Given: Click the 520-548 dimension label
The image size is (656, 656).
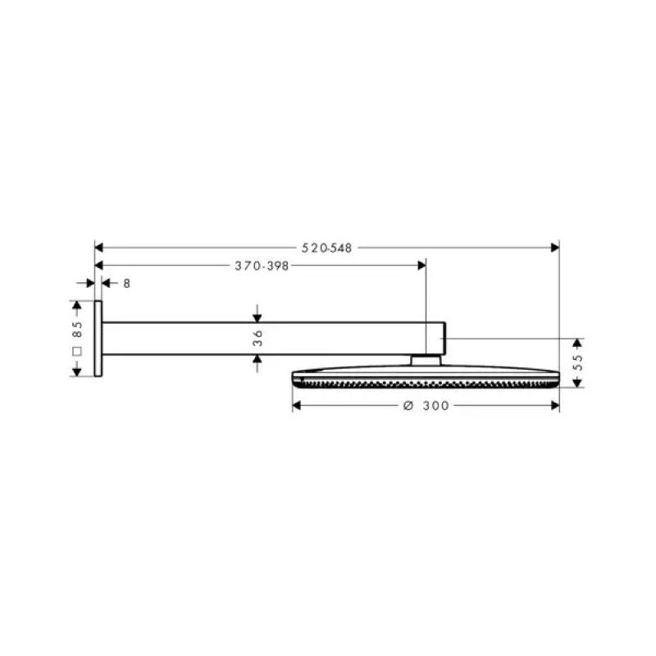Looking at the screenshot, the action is [326, 248].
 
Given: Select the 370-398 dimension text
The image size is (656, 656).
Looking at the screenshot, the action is [262, 266].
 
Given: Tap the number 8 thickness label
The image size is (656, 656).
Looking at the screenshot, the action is [127, 284].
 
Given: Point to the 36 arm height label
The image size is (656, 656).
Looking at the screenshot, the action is [257, 338].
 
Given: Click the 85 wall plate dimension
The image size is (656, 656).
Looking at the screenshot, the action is [77, 330].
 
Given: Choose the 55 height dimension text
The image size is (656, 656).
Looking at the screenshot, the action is [578, 362].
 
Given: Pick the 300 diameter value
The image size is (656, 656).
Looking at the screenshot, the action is [435, 405].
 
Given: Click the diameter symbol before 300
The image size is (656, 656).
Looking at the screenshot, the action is [408, 405].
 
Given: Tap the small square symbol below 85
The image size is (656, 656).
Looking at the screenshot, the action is [77, 352].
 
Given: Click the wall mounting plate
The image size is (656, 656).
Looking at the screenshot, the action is [98, 339].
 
